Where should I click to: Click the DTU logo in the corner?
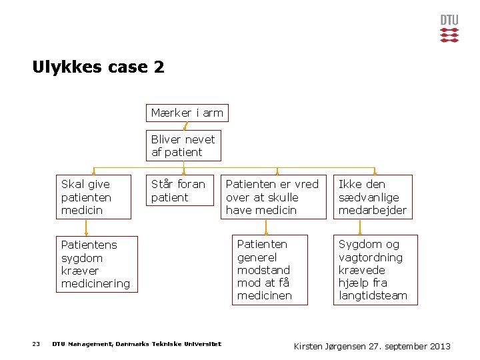tap(449, 29)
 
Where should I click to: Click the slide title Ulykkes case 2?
tap(98, 67)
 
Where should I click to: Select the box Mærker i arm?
tap(187, 113)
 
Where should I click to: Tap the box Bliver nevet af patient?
tap(183, 146)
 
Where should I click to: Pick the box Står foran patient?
tap(178, 191)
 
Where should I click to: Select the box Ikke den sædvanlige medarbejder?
tap(373, 197)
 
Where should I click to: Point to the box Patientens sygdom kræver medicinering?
tap(96, 264)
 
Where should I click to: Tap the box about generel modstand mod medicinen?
tap(269, 270)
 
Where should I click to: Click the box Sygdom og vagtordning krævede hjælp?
tap(375, 270)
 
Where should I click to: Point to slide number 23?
tap(36, 344)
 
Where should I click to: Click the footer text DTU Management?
tap(137, 344)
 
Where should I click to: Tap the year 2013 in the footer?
tap(439, 346)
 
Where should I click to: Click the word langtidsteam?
tap(373, 295)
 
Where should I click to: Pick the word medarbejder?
tap(373, 210)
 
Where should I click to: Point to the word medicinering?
tap(95, 283)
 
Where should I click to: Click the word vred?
tap(307, 184)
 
